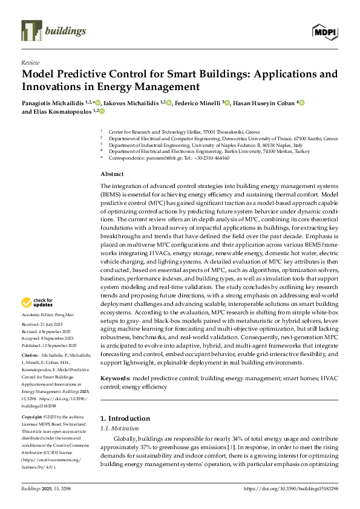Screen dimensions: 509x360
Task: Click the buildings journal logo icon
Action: tap(30, 30)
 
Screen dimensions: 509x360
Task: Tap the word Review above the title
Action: tap(30, 62)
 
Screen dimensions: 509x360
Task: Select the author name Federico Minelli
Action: tap(197, 103)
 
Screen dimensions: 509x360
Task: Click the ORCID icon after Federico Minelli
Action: tap(227, 103)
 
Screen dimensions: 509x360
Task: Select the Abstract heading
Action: tap(113, 173)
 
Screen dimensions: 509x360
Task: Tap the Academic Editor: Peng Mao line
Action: tap(47, 316)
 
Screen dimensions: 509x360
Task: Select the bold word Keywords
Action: tap(115, 377)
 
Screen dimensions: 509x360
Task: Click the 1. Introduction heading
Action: tap(125, 418)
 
